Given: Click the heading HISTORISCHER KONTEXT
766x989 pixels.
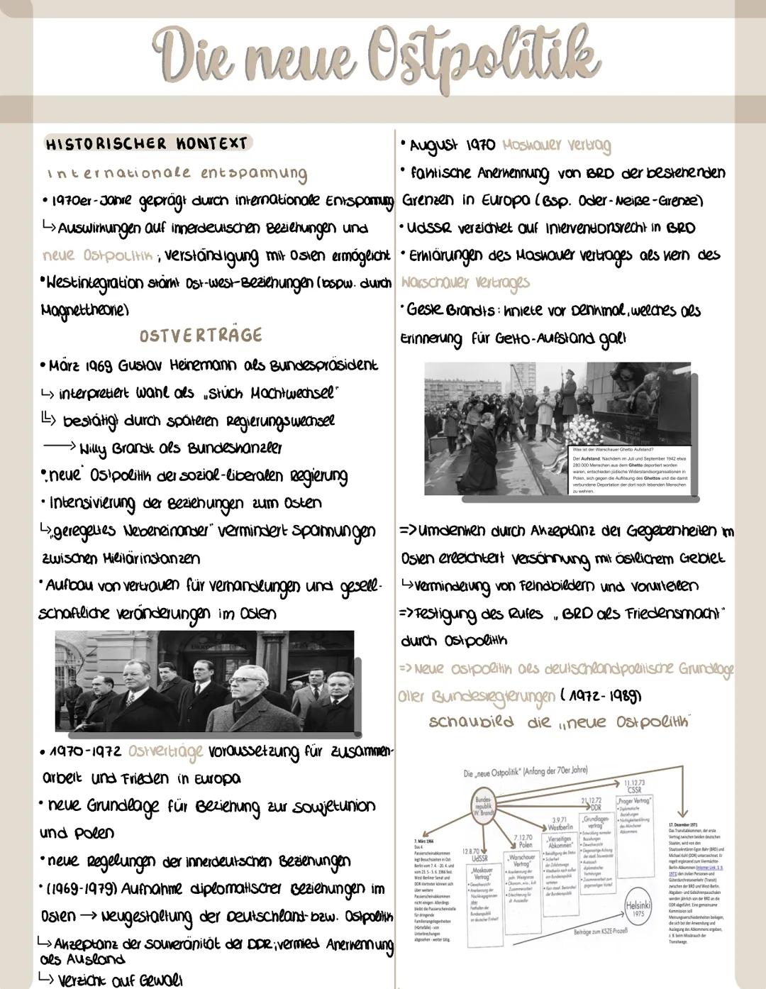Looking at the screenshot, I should [146, 143].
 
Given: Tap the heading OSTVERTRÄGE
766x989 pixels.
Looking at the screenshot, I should [201, 335].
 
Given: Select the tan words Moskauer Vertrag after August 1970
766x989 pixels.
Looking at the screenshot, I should [556, 145].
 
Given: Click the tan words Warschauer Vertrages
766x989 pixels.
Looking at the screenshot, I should [465, 282].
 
